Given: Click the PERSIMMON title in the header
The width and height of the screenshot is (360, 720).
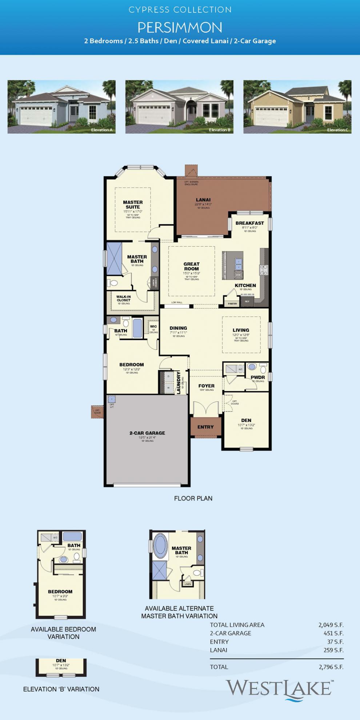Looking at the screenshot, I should (180, 28).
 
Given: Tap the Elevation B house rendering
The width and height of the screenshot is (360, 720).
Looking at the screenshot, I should (179, 107).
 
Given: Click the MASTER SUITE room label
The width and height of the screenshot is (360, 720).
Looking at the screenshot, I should (133, 204).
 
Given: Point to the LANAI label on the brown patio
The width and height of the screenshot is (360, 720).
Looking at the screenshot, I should (203, 200).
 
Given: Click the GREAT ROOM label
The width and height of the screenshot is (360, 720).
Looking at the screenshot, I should (191, 266).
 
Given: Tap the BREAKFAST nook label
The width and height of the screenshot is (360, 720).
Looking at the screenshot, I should (249, 223).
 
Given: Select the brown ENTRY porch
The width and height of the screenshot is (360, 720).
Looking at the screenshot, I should (205, 427).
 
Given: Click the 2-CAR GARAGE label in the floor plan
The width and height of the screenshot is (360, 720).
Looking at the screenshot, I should (147, 433).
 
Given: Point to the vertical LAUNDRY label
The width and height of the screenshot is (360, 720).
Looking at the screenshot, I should (179, 383).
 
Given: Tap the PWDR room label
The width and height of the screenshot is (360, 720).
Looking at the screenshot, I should (257, 377).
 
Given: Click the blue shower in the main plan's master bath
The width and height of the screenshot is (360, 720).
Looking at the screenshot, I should (114, 259).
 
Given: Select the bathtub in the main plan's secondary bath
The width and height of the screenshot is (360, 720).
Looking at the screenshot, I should (137, 328).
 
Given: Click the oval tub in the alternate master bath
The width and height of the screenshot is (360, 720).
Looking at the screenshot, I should (160, 546).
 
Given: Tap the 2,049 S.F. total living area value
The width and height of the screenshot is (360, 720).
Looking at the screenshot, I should (331, 625).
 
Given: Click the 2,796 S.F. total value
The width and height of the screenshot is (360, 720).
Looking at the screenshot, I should (331, 667).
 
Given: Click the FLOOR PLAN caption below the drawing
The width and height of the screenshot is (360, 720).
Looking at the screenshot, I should (193, 498).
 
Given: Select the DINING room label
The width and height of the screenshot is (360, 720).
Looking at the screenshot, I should (178, 328).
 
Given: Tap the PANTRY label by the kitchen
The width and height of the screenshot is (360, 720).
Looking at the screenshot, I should (232, 303).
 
